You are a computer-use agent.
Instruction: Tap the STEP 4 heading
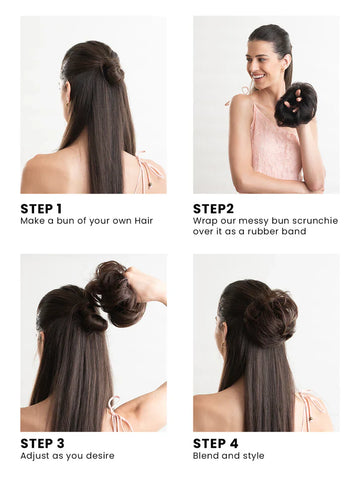(216, 443)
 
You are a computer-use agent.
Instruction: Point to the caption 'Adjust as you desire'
(67, 456)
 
